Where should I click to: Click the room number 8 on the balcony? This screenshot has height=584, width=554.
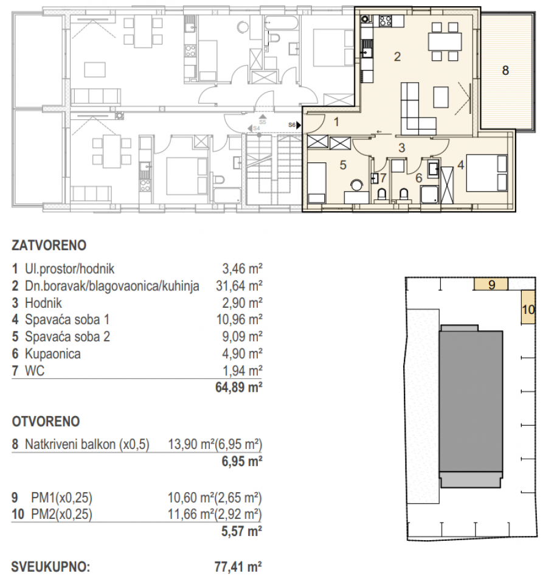coord(505,70)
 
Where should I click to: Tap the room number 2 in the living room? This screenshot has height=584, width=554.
coord(397,57)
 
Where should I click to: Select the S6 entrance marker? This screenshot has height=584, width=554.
coord(293,125)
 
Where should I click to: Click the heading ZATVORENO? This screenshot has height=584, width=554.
coord(49,246)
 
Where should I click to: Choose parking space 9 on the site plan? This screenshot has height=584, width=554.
coord(493,283)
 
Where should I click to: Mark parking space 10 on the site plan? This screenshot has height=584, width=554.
coord(528,309)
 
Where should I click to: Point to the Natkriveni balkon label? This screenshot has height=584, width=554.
coord(88,443)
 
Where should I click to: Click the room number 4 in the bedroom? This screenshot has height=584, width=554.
coord(461,164)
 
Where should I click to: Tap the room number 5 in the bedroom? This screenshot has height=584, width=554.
coord(342,164)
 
